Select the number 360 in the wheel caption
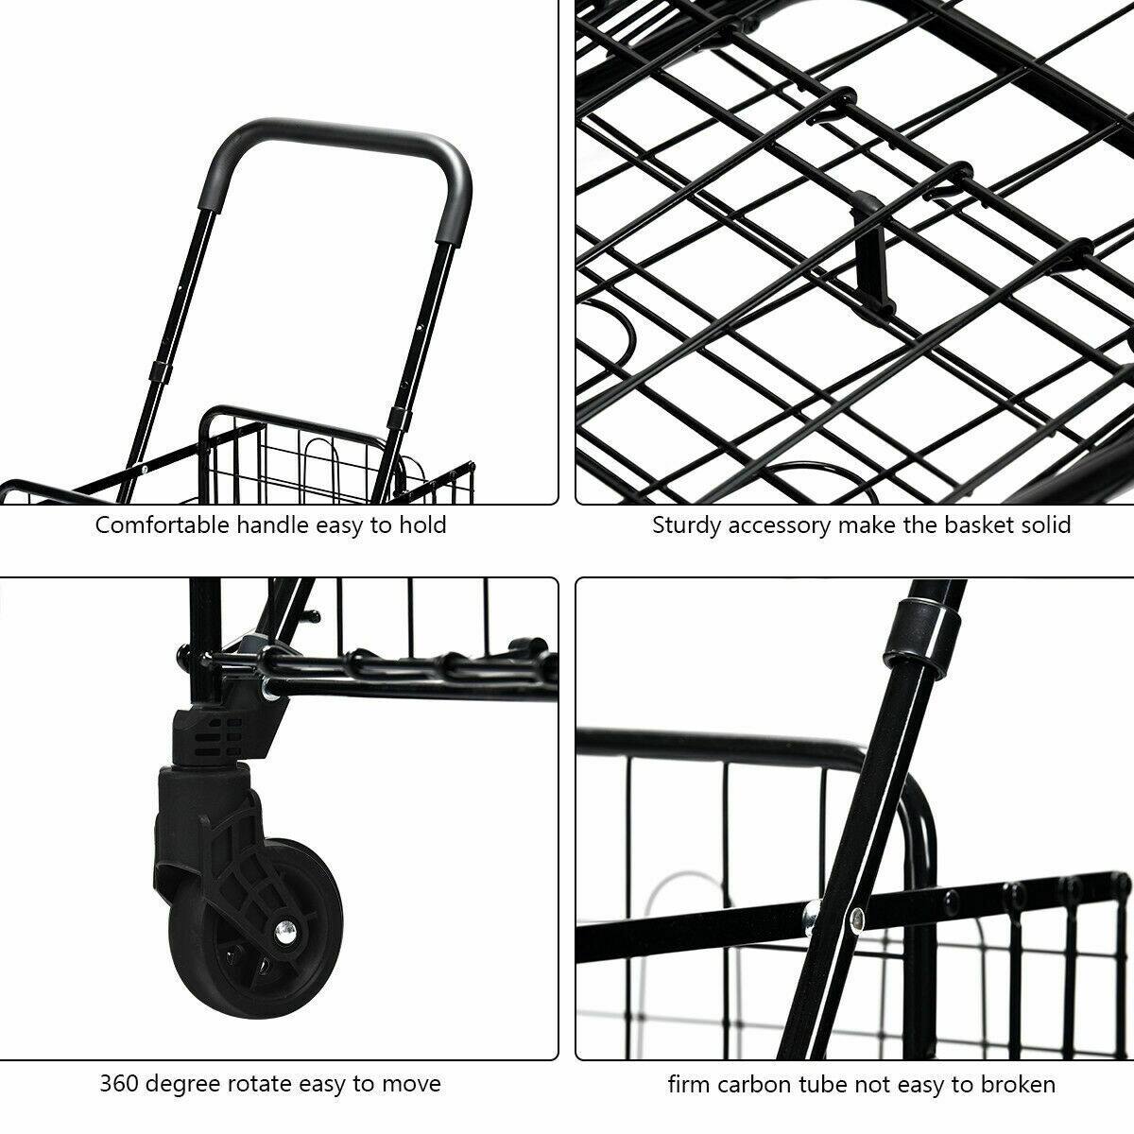120,1084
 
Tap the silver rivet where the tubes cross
856,916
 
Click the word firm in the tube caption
688,1084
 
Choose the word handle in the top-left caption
269,525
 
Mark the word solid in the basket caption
1045,525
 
